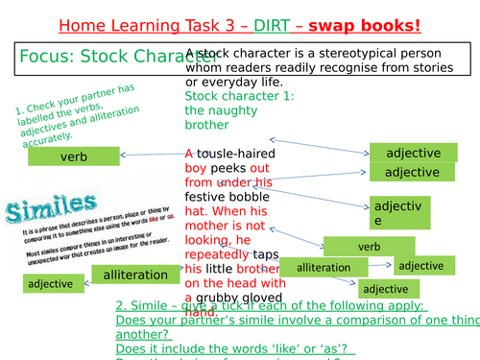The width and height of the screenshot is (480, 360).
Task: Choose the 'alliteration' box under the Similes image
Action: coord(136,276)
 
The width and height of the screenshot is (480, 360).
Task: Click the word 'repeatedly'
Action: coord(216,254)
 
